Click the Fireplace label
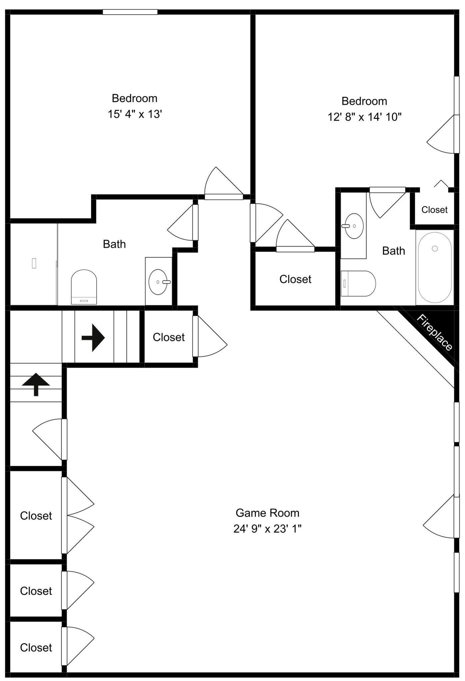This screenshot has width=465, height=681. [x=434, y=332]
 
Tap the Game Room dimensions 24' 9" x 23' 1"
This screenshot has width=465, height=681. [x=267, y=529]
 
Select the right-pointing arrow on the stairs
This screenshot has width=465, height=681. [x=93, y=338]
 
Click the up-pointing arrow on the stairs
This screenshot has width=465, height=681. [x=36, y=385]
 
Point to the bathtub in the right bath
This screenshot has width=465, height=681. [x=435, y=267]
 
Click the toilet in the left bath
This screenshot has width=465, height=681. [x=84, y=287]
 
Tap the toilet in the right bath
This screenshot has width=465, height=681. [x=358, y=283]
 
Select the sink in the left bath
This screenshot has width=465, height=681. [x=158, y=282]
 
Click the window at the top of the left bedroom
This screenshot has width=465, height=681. [x=130, y=12]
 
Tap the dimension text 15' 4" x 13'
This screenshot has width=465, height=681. [x=135, y=114]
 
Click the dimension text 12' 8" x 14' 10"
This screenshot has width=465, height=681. [x=364, y=117]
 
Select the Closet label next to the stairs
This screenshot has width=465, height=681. [x=169, y=337]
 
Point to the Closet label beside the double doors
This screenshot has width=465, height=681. [x=36, y=516]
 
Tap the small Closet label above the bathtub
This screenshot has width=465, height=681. [x=434, y=210]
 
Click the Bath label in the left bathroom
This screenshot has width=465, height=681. [x=114, y=244]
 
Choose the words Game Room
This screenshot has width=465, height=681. [x=267, y=513]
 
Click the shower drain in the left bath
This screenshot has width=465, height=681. [x=34, y=263]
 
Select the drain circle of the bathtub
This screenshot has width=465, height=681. [x=435, y=249]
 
